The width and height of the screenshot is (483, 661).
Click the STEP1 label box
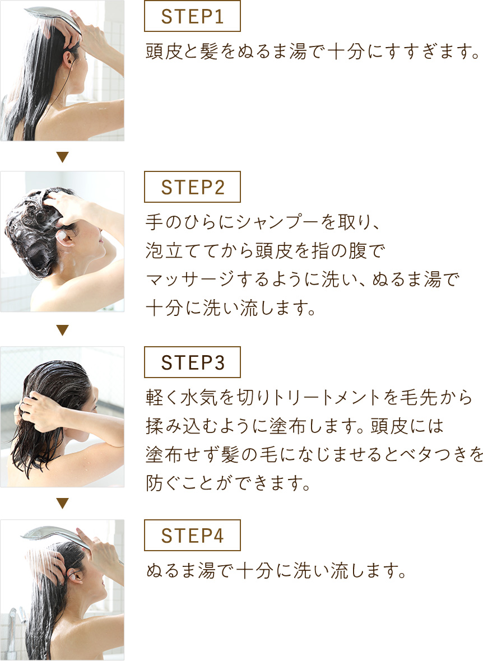(192, 16)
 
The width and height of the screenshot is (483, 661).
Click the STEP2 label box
(192, 187)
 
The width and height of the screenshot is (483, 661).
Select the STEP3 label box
(192, 362)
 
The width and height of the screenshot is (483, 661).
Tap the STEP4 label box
(192, 536)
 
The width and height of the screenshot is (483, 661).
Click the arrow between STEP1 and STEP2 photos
(62, 157)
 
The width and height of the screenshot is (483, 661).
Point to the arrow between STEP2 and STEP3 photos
(62, 330)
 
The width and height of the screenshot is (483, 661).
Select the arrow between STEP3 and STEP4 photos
(62, 504)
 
